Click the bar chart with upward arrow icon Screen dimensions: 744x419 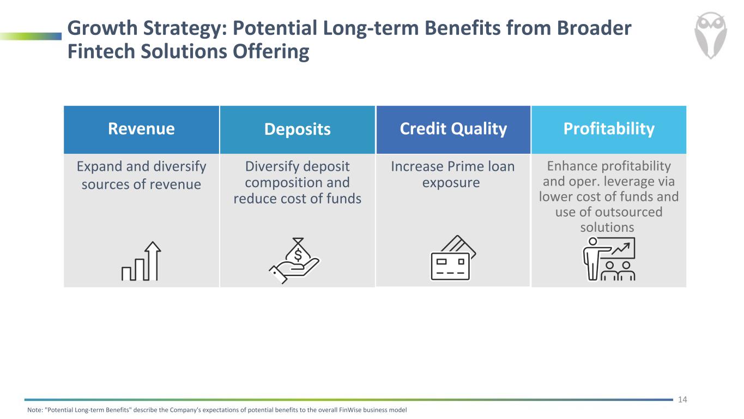(141, 261)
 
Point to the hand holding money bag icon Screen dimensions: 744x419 (294, 260)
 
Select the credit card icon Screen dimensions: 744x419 (453, 258)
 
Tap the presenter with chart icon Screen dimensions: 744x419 (609, 259)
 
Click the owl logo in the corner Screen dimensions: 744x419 (710, 35)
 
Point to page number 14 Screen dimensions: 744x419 (682, 399)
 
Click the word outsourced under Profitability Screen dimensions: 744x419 (625, 212)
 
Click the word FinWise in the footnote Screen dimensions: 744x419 (350, 410)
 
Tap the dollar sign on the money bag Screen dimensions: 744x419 (298, 255)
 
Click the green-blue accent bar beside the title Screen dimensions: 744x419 (31, 36)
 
